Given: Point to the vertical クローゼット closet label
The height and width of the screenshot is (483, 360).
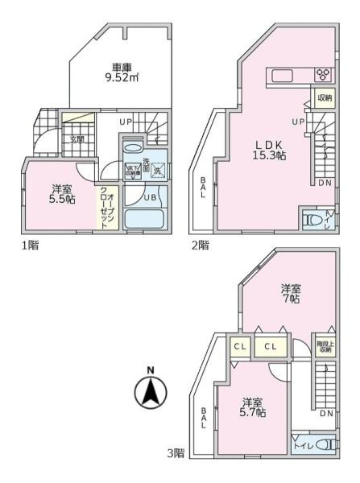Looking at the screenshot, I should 107,204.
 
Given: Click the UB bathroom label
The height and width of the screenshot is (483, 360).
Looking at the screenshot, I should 149,198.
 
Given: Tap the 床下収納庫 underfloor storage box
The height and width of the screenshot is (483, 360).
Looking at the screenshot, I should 133,171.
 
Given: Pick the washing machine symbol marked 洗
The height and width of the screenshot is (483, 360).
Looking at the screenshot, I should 158,170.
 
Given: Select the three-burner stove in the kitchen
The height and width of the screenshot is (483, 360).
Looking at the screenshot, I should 322,76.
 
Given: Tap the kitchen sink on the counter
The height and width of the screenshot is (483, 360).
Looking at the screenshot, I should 283,76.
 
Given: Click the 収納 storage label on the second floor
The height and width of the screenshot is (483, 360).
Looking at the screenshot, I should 324,98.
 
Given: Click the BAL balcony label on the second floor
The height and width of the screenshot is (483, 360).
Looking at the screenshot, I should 203,188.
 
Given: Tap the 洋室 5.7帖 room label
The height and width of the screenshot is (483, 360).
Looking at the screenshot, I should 253,407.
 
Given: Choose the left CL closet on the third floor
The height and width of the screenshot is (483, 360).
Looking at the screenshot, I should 239,346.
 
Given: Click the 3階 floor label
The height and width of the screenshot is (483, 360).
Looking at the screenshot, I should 176,454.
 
